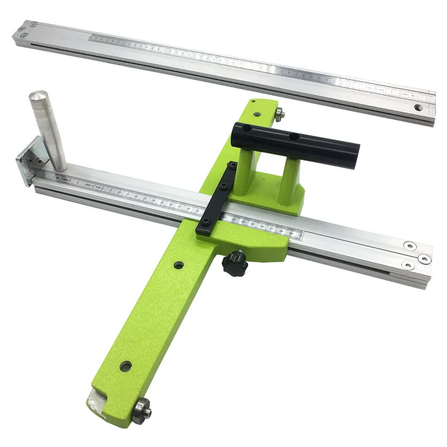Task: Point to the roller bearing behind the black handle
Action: pyautogui.click(x=281, y=114)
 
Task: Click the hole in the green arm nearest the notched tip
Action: pyautogui.click(x=125, y=367)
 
